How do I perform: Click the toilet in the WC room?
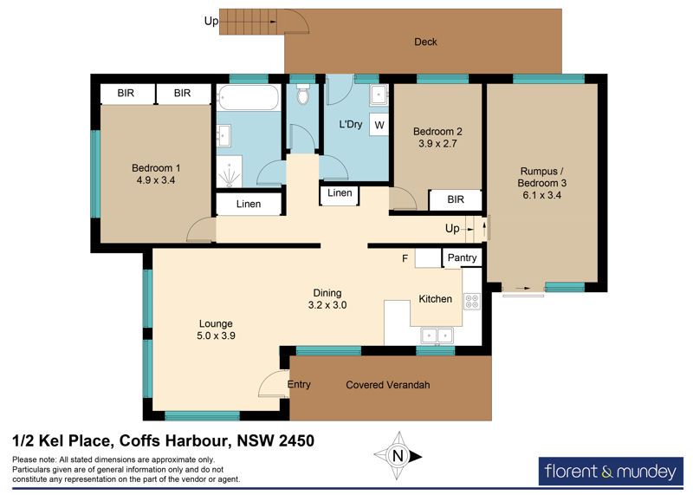(x=302, y=94)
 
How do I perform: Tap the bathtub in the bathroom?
(x=249, y=98)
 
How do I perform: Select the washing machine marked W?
(x=379, y=125)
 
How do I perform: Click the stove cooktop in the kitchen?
(x=472, y=301)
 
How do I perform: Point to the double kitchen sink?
(x=437, y=335)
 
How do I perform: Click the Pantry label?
(x=462, y=257)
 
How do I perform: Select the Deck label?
(x=425, y=42)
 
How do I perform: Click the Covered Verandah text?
(x=387, y=385)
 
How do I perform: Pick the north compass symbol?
(x=398, y=456)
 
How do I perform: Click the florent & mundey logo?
(x=611, y=471)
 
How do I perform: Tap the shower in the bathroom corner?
(x=230, y=171)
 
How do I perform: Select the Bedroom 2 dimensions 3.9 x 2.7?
(x=437, y=143)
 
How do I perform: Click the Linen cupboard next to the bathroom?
(x=249, y=204)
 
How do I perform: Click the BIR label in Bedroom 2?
(x=456, y=199)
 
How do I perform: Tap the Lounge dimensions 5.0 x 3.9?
(x=216, y=335)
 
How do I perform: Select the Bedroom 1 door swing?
(x=201, y=230)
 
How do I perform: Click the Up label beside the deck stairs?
(x=210, y=21)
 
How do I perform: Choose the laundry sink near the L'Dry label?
(x=379, y=94)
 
